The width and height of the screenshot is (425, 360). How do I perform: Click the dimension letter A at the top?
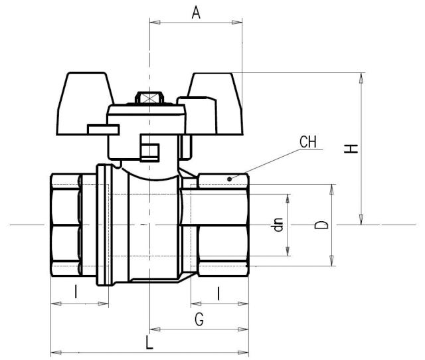[196, 12]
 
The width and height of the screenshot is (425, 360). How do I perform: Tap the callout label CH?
[307, 141]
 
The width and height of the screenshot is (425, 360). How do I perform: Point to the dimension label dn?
[279, 225]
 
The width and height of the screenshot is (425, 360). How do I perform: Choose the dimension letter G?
[199, 319]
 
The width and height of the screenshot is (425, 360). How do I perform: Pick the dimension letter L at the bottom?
[149, 343]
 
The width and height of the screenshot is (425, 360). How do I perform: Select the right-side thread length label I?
[218, 292]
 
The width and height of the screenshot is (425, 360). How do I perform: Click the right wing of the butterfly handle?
[212, 93]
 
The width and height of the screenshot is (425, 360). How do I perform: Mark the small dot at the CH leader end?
[230, 178]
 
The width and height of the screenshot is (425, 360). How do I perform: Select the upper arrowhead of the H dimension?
[361, 77]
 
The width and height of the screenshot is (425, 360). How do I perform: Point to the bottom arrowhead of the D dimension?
[331, 262]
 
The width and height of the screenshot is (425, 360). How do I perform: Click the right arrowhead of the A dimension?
[238, 23]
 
